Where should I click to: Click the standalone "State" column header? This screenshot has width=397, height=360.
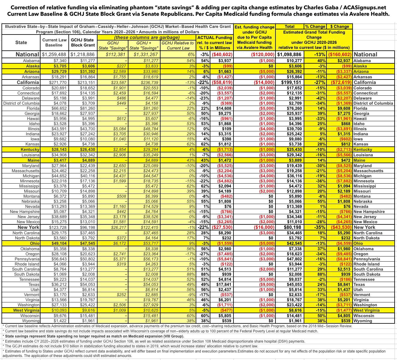coord(21,43)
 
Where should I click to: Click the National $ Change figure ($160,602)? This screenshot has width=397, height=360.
coord(340,55)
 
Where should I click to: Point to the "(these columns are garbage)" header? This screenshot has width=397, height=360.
coord(147,37)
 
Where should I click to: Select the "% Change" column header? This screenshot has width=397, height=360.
coord(315,27)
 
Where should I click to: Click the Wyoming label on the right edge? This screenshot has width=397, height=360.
coord(363,321)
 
